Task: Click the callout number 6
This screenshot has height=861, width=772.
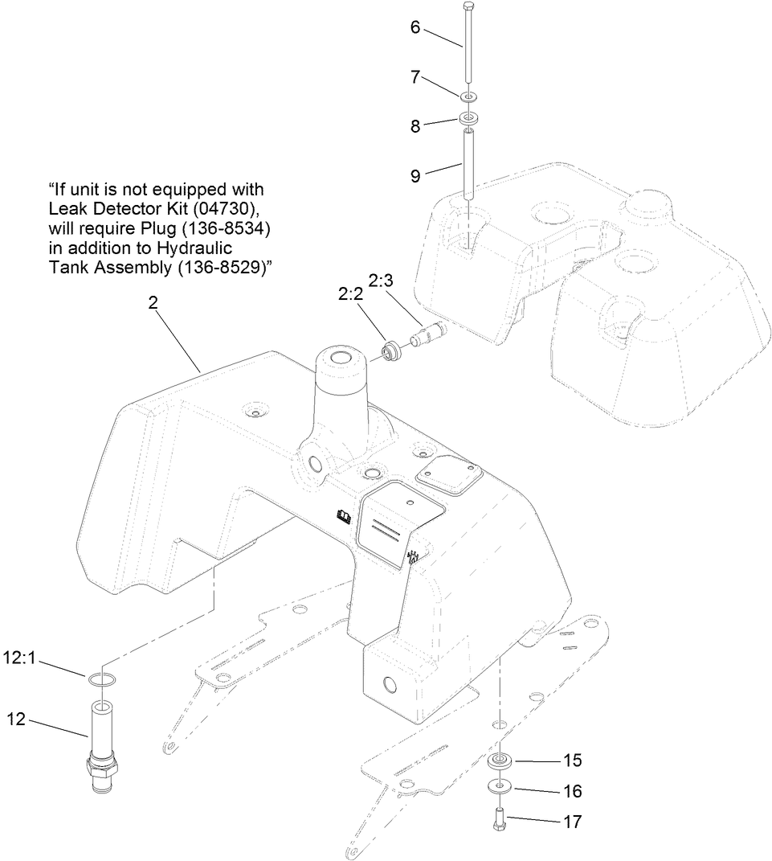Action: pos(415,27)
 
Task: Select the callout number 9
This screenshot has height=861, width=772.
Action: pos(415,176)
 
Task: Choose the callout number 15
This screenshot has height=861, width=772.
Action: pos(571,761)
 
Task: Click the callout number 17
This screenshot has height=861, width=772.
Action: pos(571,822)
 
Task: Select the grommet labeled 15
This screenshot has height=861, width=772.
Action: pos(501,761)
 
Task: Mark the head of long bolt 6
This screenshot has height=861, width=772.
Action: pos(468,6)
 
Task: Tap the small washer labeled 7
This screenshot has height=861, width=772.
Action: pos(468,97)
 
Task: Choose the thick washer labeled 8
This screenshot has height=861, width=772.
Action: pos(468,120)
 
